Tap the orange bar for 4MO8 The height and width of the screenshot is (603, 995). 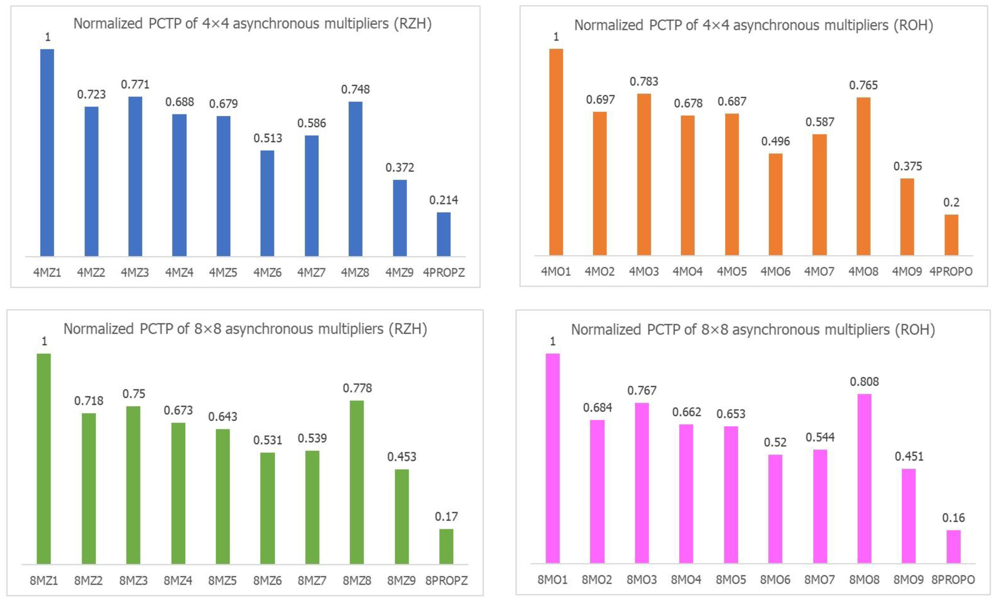863,176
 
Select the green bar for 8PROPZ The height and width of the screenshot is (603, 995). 446,546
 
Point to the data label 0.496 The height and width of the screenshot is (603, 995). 775,141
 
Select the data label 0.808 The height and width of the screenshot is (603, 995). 864,381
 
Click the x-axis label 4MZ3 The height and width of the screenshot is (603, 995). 135,273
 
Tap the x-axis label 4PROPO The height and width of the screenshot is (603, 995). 951,272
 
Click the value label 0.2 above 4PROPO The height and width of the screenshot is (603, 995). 951,202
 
